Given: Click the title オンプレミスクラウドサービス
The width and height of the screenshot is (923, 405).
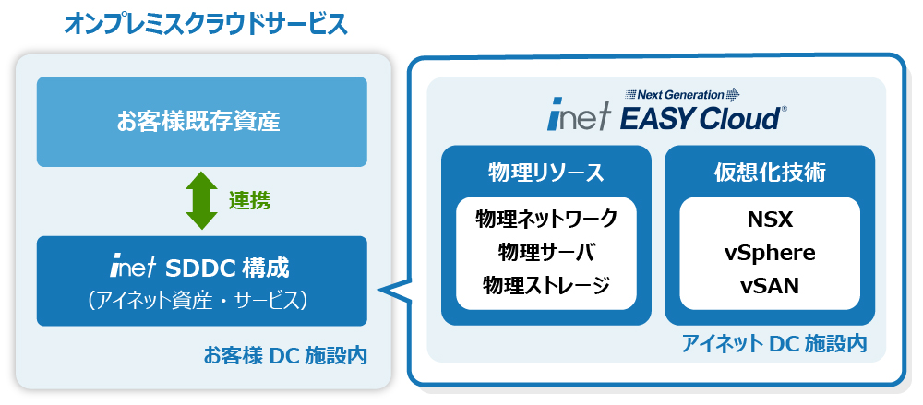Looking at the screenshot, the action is [x=206, y=25].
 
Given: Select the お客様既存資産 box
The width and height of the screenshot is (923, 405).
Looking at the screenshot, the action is [x=202, y=122].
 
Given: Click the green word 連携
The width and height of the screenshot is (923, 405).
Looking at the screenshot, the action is [x=249, y=201].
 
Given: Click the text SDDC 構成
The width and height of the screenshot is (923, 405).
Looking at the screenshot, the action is [x=227, y=268].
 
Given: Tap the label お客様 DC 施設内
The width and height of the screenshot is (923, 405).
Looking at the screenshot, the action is [x=285, y=355].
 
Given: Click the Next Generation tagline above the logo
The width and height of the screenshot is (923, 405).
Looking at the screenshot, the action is [x=682, y=94].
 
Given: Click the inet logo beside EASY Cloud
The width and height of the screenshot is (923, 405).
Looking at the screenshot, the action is [x=580, y=119].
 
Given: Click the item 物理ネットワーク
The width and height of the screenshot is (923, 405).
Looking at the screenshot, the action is [x=545, y=219].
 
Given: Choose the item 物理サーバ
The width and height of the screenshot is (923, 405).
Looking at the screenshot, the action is [x=545, y=253].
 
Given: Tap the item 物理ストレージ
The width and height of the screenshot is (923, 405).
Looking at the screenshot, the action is [x=545, y=286].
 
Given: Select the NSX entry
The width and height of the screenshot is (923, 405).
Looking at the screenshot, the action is [x=770, y=220].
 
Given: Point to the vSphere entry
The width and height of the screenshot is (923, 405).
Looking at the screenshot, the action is [x=770, y=253].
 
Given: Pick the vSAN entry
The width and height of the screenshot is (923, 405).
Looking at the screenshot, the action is [x=770, y=286].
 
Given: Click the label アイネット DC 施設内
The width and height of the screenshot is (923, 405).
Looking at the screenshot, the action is [x=774, y=343].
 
